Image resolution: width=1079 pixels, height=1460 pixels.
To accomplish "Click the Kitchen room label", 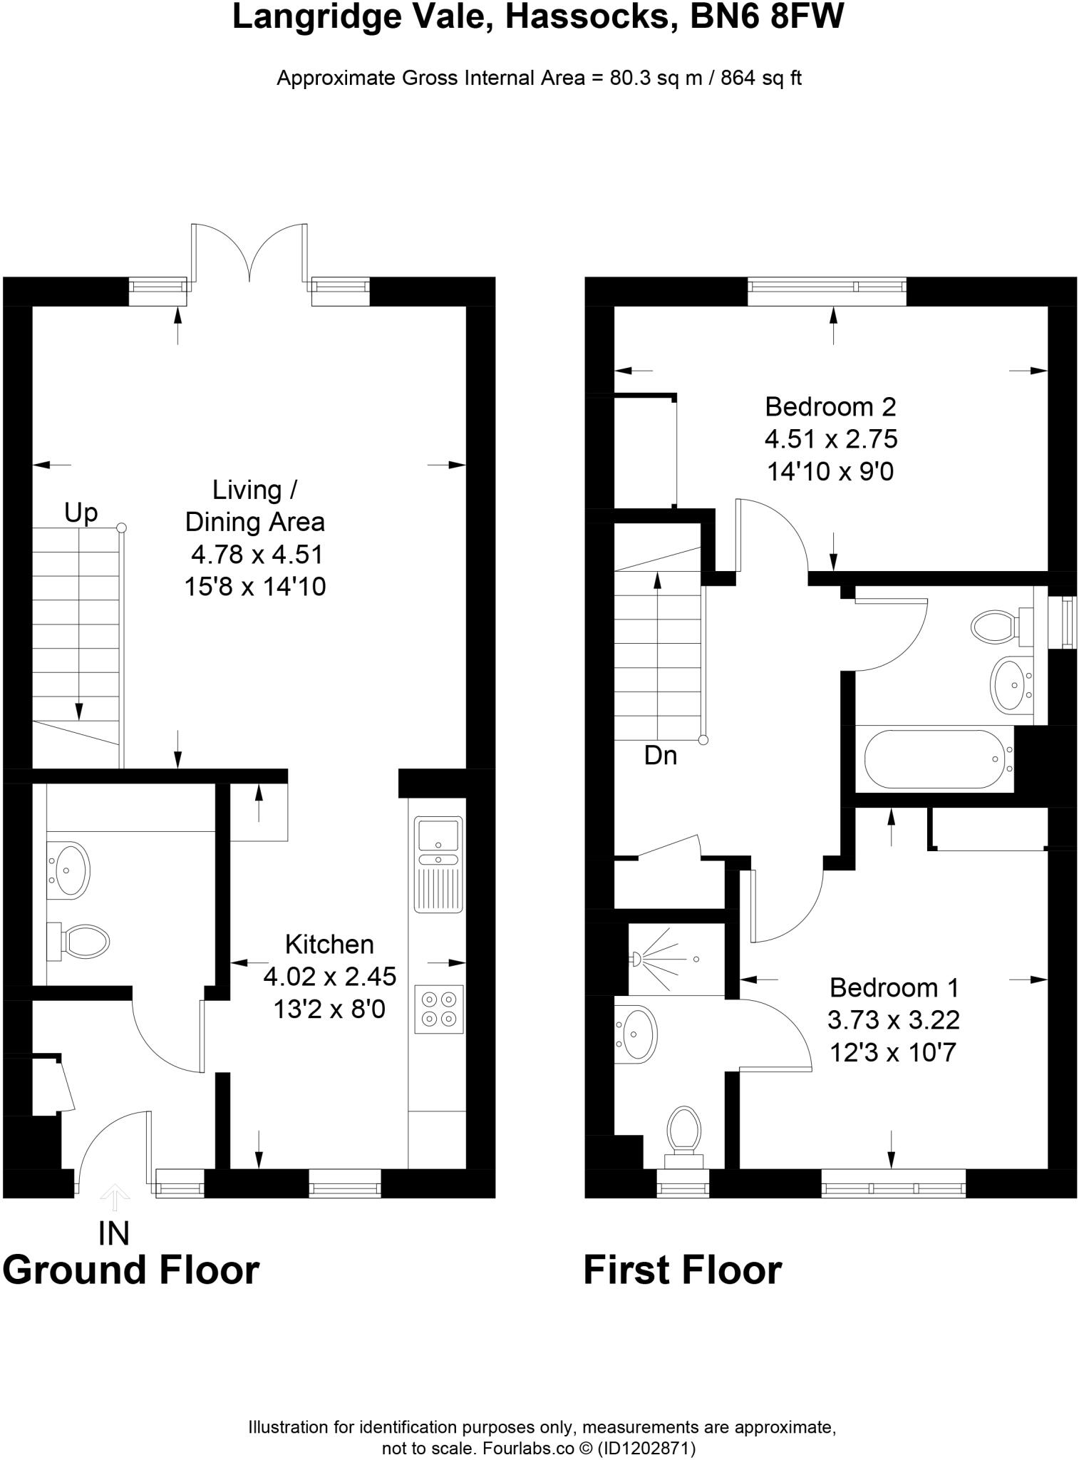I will tap(329, 945).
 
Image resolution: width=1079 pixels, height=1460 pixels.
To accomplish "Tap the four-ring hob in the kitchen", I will tap(439, 1009).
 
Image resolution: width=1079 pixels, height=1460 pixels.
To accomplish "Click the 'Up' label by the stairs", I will tap(81, 513).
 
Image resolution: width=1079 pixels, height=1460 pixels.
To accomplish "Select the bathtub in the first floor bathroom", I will tap(934, 759).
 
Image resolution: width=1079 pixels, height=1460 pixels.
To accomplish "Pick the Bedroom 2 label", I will tap(830, 407).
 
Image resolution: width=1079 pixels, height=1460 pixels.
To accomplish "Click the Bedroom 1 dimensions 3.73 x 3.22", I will tap(893, 1020).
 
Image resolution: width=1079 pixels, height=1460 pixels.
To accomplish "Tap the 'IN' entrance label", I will tap(114, 1234).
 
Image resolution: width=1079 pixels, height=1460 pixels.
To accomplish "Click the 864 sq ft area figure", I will tap(761, 78).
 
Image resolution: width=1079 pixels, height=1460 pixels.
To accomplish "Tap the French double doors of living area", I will tap(249, 253).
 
